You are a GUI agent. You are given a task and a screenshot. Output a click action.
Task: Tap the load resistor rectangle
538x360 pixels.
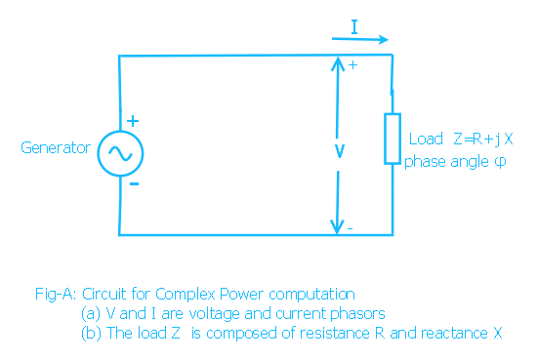(x=392, y=139)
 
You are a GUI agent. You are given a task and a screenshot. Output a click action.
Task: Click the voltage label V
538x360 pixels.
(x=339, y=152)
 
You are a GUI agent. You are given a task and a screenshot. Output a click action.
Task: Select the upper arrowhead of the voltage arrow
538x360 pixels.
(x=338, y=64)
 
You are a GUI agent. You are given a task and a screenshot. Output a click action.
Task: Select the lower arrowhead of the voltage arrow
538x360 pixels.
(x=338, y=226)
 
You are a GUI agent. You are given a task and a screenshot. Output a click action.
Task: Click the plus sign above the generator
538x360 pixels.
(x=133, y=121)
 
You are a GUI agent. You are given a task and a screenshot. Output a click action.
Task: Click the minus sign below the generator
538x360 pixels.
(x=133, y=182)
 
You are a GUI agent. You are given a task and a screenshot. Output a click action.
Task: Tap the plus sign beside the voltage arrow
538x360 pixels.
(x=352, y=64)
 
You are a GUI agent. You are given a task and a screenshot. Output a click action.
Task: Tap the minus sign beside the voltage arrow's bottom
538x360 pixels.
(x=350, y=228)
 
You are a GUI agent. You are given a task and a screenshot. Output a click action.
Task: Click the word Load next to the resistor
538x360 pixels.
(x=426, y=140)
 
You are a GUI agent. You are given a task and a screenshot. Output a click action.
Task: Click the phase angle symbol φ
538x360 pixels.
(x=501, y=160)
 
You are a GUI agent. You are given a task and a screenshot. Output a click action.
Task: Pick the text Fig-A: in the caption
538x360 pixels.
(x=55, y=293)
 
